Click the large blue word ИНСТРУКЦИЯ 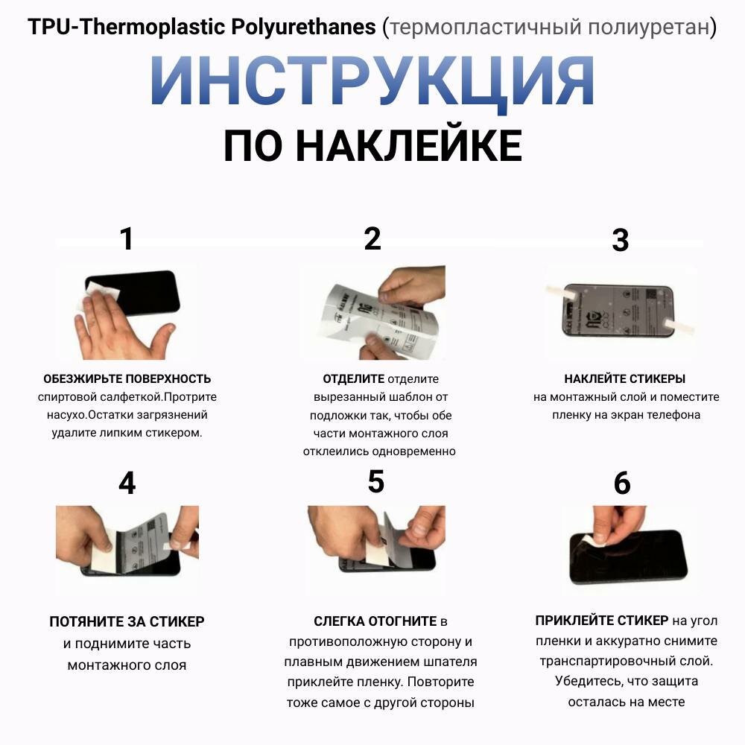tap(372, 80)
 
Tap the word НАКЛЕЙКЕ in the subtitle tap(409, 145)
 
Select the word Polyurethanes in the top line tap(303, 27)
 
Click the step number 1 tap(127, 238)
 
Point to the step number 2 tap(372, 238)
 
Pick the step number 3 tap(621, 241)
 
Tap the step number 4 tap(127, 484)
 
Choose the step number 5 tap(375, 482)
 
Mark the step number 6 tap(622, 484)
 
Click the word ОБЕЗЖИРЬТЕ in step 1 tap(76, 378)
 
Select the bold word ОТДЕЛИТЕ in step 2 tap(353, 378)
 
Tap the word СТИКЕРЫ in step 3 tap(655, 378)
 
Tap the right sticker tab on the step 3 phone tap(679, 326)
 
